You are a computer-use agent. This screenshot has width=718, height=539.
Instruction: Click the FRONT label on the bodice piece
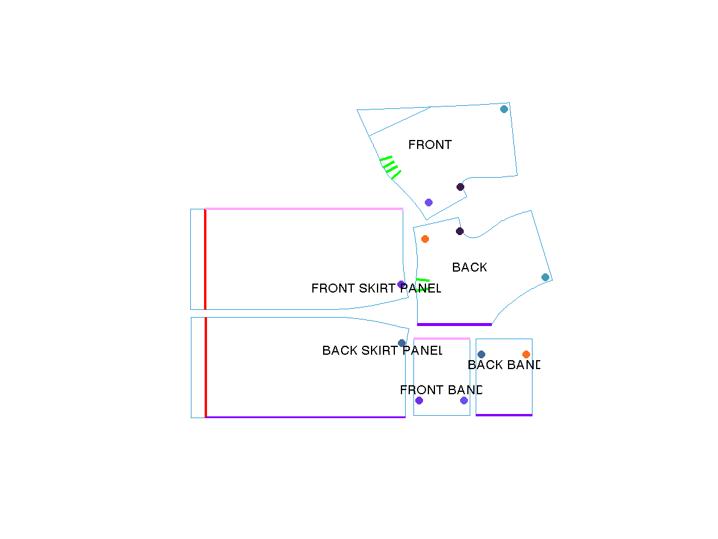pos(430,145)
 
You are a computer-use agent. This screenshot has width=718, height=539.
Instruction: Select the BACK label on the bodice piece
pos(469,267)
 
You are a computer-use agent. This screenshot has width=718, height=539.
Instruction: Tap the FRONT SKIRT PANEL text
pos(376,288)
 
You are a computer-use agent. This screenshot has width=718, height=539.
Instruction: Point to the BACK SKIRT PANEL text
pos(382,351)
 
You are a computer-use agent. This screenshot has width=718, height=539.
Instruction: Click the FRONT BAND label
pos(440,390)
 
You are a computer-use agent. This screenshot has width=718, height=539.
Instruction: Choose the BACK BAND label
pos(503,365)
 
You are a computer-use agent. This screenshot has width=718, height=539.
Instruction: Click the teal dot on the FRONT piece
pos(504,109)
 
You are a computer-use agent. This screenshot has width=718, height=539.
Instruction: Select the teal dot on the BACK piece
pos(545,278)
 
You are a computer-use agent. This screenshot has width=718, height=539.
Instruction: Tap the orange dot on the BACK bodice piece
pos(425,239)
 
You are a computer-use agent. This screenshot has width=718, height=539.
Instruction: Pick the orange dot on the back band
pos(526,355)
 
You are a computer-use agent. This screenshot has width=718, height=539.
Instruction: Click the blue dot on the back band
pos(481,355)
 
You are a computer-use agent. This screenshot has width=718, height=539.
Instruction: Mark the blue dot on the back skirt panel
pos(401,343)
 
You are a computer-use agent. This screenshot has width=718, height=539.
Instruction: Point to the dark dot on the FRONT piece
pos(460,187)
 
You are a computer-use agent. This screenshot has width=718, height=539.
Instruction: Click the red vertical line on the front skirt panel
pos(205,260)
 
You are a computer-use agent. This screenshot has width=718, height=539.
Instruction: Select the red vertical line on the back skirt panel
pos(206,368)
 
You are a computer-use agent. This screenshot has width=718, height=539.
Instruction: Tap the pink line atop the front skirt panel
pos(304,209)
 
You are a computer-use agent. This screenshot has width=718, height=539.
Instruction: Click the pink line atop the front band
pos(442,339)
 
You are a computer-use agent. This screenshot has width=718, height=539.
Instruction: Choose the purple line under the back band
pos(504,415)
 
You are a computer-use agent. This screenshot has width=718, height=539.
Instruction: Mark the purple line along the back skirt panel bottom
pos(306,418)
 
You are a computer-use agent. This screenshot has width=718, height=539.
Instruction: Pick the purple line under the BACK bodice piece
pos(454,325)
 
